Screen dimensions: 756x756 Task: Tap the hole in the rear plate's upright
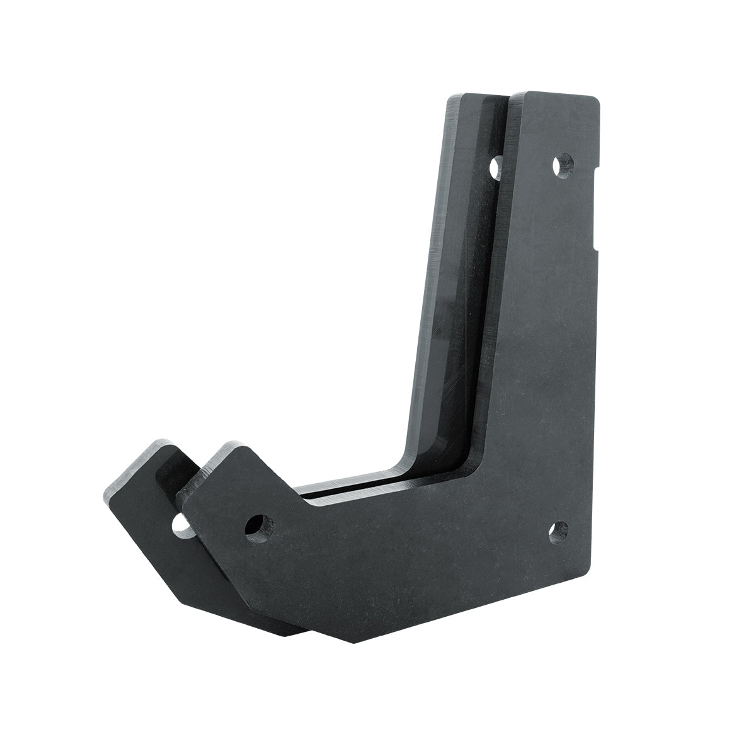(496, 167)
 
